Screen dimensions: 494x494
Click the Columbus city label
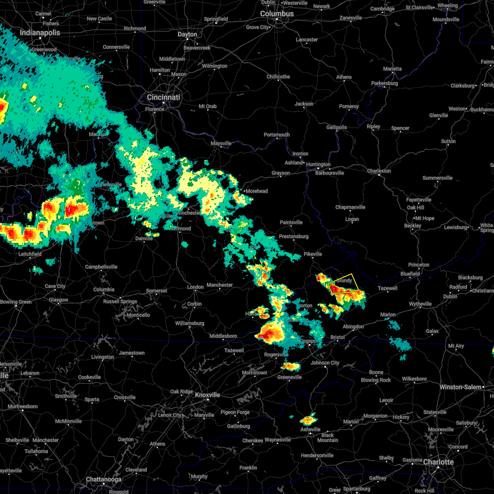click(x=277, y=14)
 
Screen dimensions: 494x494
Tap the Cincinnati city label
click(x=163, y=97)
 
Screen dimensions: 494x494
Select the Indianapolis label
click(x=40, y=33)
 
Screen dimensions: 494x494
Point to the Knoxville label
click(x=207, y=395)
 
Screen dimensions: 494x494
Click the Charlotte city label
click(x=438, y=462)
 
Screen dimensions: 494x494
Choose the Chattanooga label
click(x=104, y=479)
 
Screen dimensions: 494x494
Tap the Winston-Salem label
click(x=460, y=387)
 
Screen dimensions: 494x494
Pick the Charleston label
click(x=379, y=171)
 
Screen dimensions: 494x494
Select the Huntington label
click(x=318, y=164)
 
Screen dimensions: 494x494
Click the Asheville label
click(x=310, y=429)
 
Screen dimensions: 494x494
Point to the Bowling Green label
click(x=16, y=302)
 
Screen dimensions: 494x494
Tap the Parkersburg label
click(x=384, y=83)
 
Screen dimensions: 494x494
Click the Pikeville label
click(x=313, y=254)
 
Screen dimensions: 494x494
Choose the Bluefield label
click(x=410, y=274)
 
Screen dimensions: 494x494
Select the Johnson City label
click(x=325, y=363)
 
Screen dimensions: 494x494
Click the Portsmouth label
click(x=277, y=135)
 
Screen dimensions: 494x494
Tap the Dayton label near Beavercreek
click(x=187, y=34)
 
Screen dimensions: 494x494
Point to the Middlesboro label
click(x=223, y=336)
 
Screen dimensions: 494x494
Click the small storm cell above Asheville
click(x=308, y=420)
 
